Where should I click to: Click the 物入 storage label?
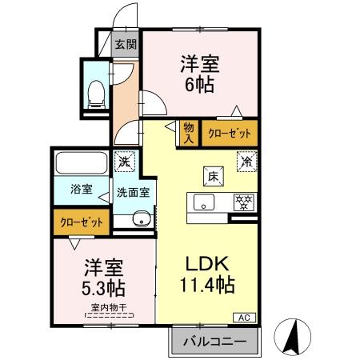188,132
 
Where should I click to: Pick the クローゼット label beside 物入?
230,134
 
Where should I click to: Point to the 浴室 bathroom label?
81,190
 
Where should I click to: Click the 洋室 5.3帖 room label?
103,276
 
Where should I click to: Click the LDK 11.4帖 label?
207,274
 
